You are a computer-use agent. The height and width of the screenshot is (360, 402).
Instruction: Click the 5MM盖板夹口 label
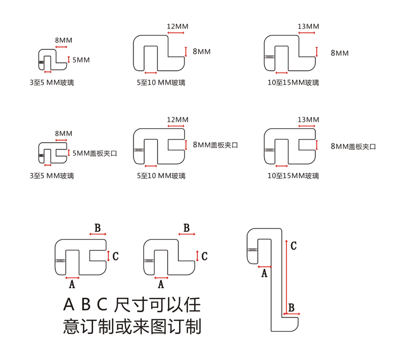(94, 153)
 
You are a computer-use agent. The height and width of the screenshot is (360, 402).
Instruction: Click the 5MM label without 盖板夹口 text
(81, 60)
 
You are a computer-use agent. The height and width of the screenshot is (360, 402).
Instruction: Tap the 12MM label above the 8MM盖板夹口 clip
(177, 119)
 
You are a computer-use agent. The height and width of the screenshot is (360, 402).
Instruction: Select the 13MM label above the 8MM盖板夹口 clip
(308, 119)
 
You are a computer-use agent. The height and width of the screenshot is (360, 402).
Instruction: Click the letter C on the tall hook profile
(293, 246)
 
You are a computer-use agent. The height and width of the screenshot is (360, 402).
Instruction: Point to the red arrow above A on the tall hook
(263, 267)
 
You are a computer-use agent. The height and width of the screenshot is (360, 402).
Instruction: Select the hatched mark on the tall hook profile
(252, 250)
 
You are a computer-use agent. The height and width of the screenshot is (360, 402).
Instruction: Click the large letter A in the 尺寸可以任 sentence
(69, 305)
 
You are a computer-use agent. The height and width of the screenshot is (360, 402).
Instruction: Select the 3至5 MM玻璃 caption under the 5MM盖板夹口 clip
(52, 175)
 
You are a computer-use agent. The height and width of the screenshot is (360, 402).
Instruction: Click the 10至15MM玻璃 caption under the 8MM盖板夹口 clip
(293, 175)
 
